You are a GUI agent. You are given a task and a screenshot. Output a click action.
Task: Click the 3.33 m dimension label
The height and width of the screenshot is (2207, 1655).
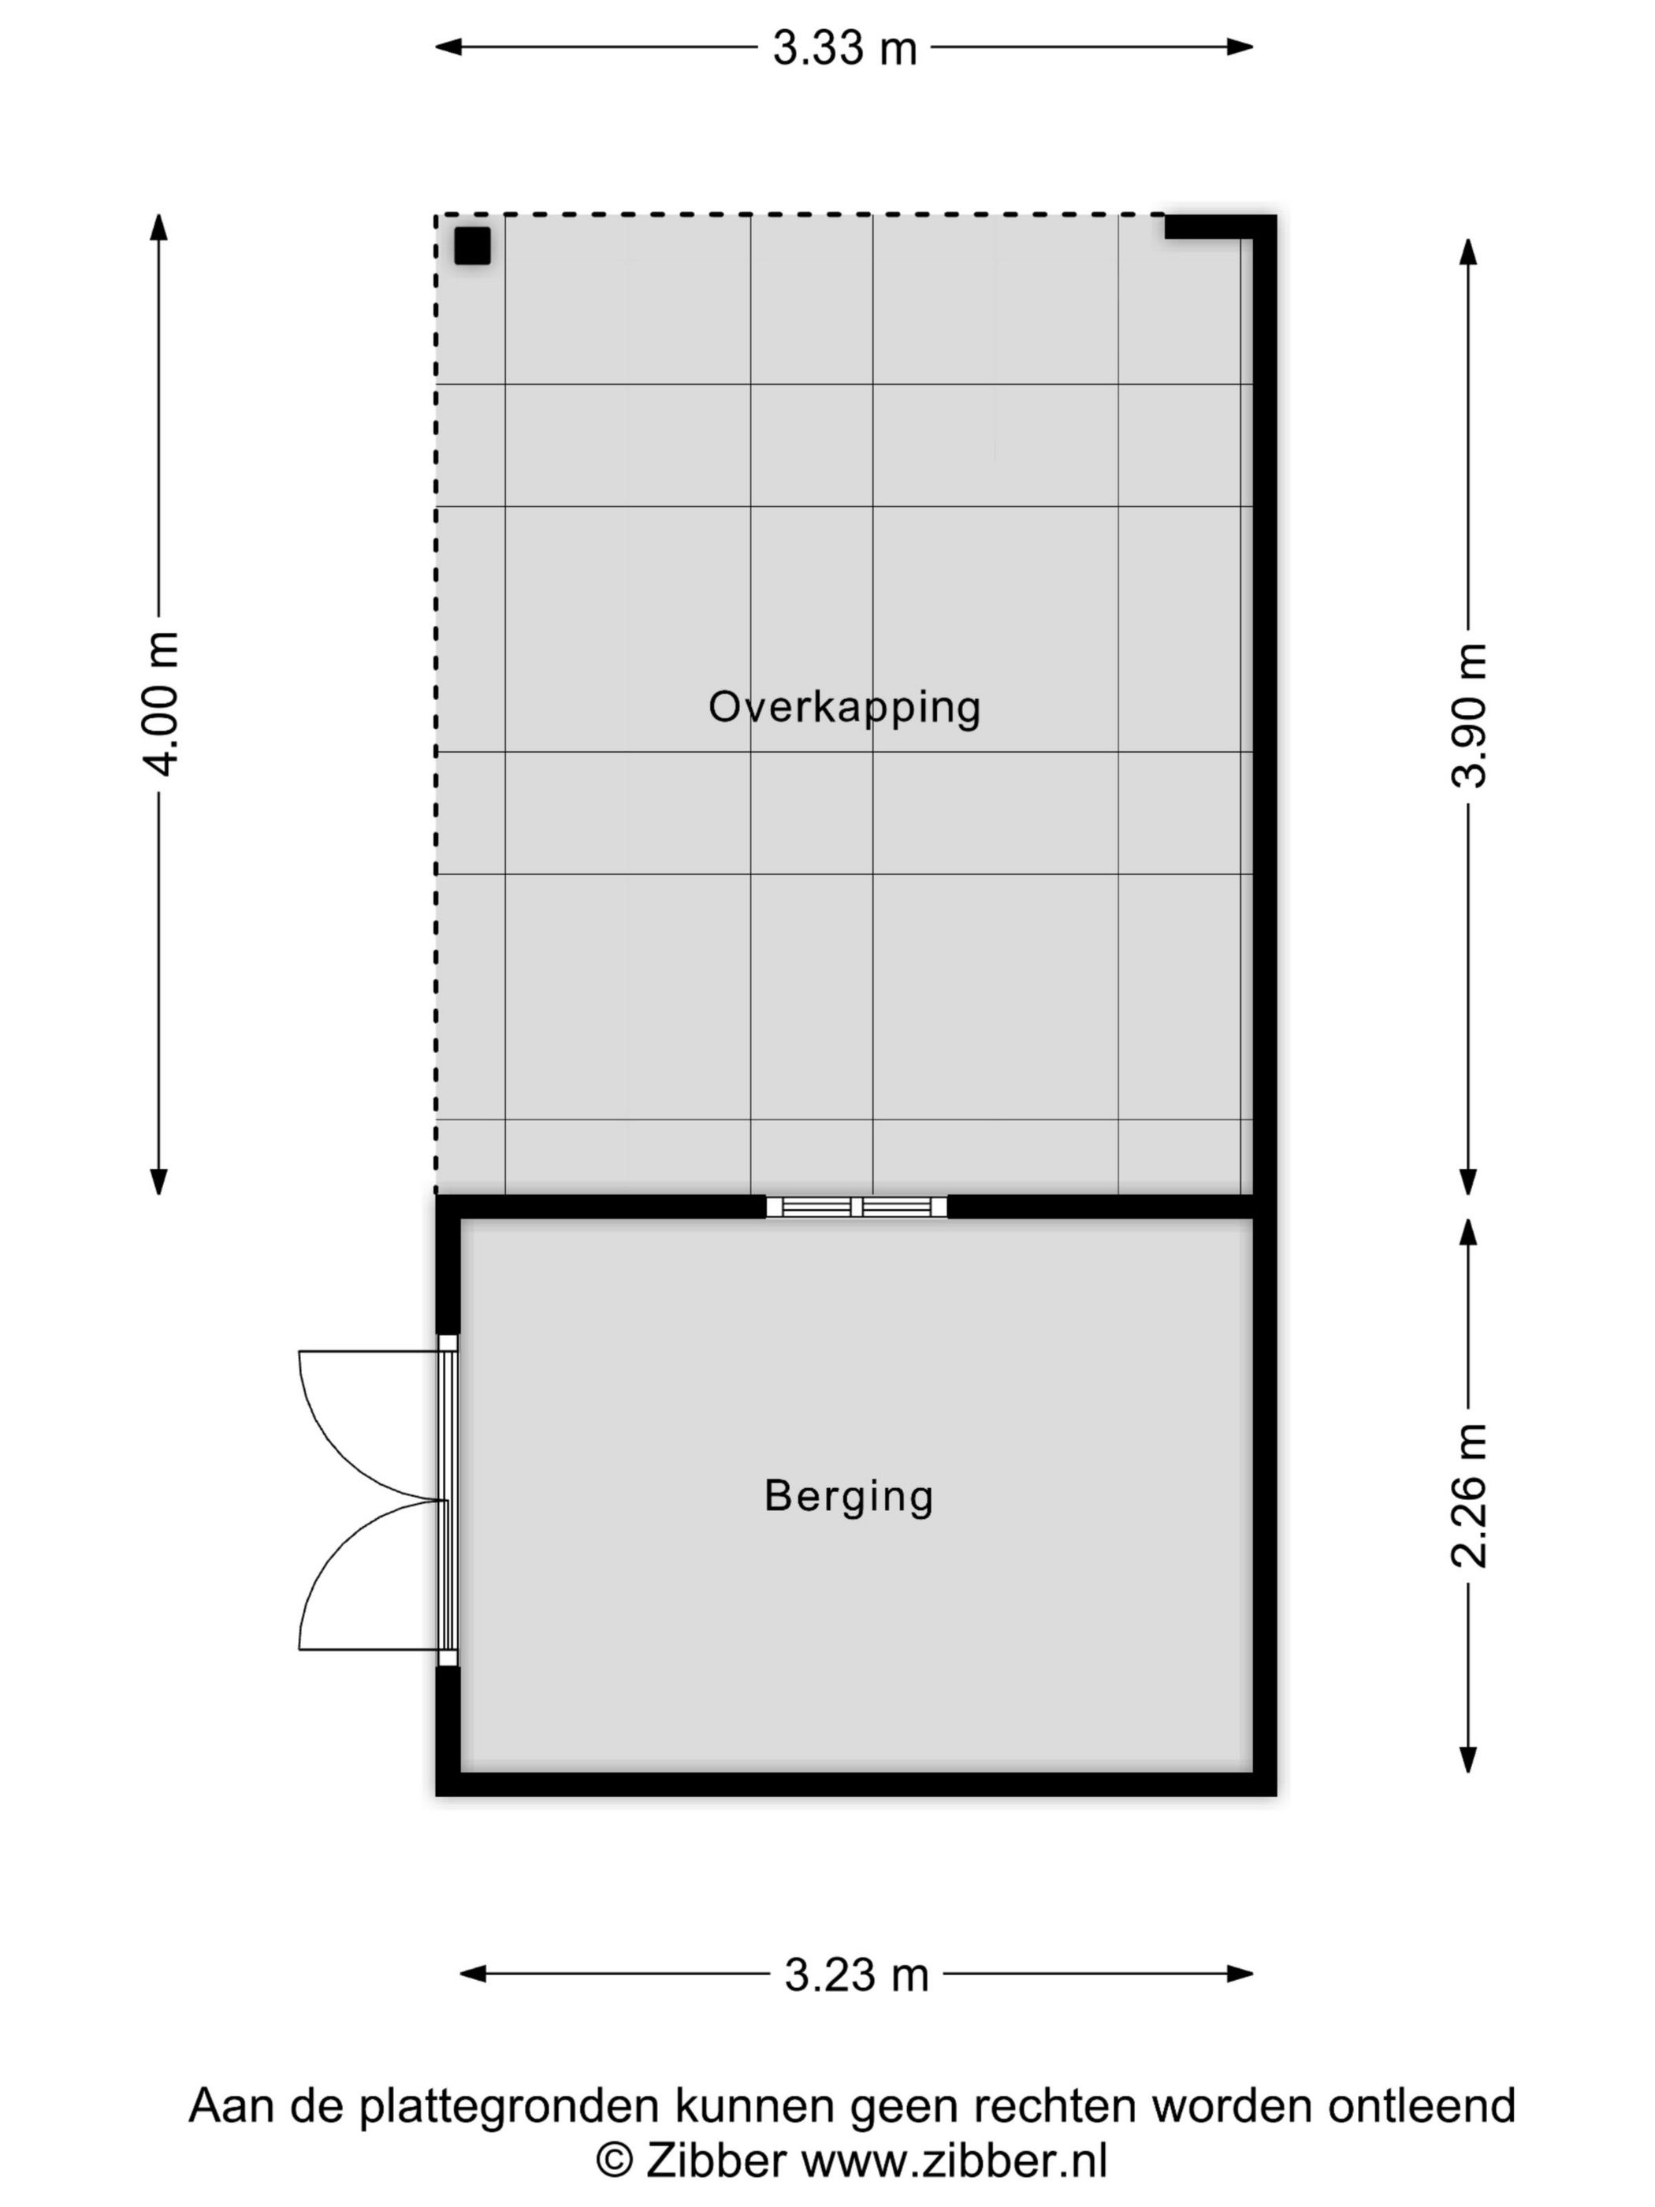(844, 48)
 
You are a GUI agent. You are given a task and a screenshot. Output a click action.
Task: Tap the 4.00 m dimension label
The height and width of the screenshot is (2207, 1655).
(160, 703)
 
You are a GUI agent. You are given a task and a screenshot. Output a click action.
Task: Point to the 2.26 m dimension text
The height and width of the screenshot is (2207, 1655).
(1468, 1494)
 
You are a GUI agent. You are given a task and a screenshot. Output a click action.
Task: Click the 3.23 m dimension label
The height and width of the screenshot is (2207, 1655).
(856, 1974)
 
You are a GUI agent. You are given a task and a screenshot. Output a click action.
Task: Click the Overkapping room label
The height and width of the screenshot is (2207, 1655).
(844, 707)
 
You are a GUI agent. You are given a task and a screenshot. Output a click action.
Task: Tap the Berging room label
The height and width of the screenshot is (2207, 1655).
(848, 1495)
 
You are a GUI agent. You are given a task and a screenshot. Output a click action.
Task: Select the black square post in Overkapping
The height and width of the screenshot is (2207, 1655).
(473, 245)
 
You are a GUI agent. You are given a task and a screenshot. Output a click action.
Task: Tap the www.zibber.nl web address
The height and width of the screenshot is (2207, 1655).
(954, 2161)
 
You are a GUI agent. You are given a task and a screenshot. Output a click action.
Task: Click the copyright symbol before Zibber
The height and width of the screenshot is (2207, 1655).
(615, 2161)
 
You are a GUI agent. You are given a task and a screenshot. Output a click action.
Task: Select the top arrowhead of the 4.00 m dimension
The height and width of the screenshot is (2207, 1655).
(158, 225)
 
